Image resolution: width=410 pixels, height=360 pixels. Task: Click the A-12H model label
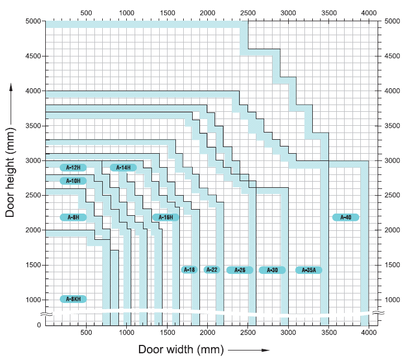tap(73, 168)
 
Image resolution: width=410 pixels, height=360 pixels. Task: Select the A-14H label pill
tap(123, 168)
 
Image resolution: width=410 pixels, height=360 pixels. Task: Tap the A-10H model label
tap(73, 181)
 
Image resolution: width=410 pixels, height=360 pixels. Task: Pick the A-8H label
tap(73, 217)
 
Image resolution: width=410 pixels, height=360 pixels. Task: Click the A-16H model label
tap(166, 217)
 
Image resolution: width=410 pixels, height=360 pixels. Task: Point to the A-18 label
tap(189, 270)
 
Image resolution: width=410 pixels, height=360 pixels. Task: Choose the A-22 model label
tap(212, 270)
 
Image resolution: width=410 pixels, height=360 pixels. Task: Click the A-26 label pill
tap(240, 270)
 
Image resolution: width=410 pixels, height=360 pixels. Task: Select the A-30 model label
tap(272, 270)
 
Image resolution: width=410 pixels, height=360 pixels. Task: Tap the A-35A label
tap(309, 270)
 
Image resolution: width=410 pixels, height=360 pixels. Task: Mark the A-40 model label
tap(346, 217)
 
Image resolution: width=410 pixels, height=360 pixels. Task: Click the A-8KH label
tap(73, 299)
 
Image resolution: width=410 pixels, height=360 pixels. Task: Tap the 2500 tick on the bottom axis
tap(247, 333)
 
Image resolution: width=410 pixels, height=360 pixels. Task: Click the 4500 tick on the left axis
tap(33, 56)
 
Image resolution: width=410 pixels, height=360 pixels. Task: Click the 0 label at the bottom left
tap(39, 325)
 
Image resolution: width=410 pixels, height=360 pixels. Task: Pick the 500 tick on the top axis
tap(87, 12)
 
